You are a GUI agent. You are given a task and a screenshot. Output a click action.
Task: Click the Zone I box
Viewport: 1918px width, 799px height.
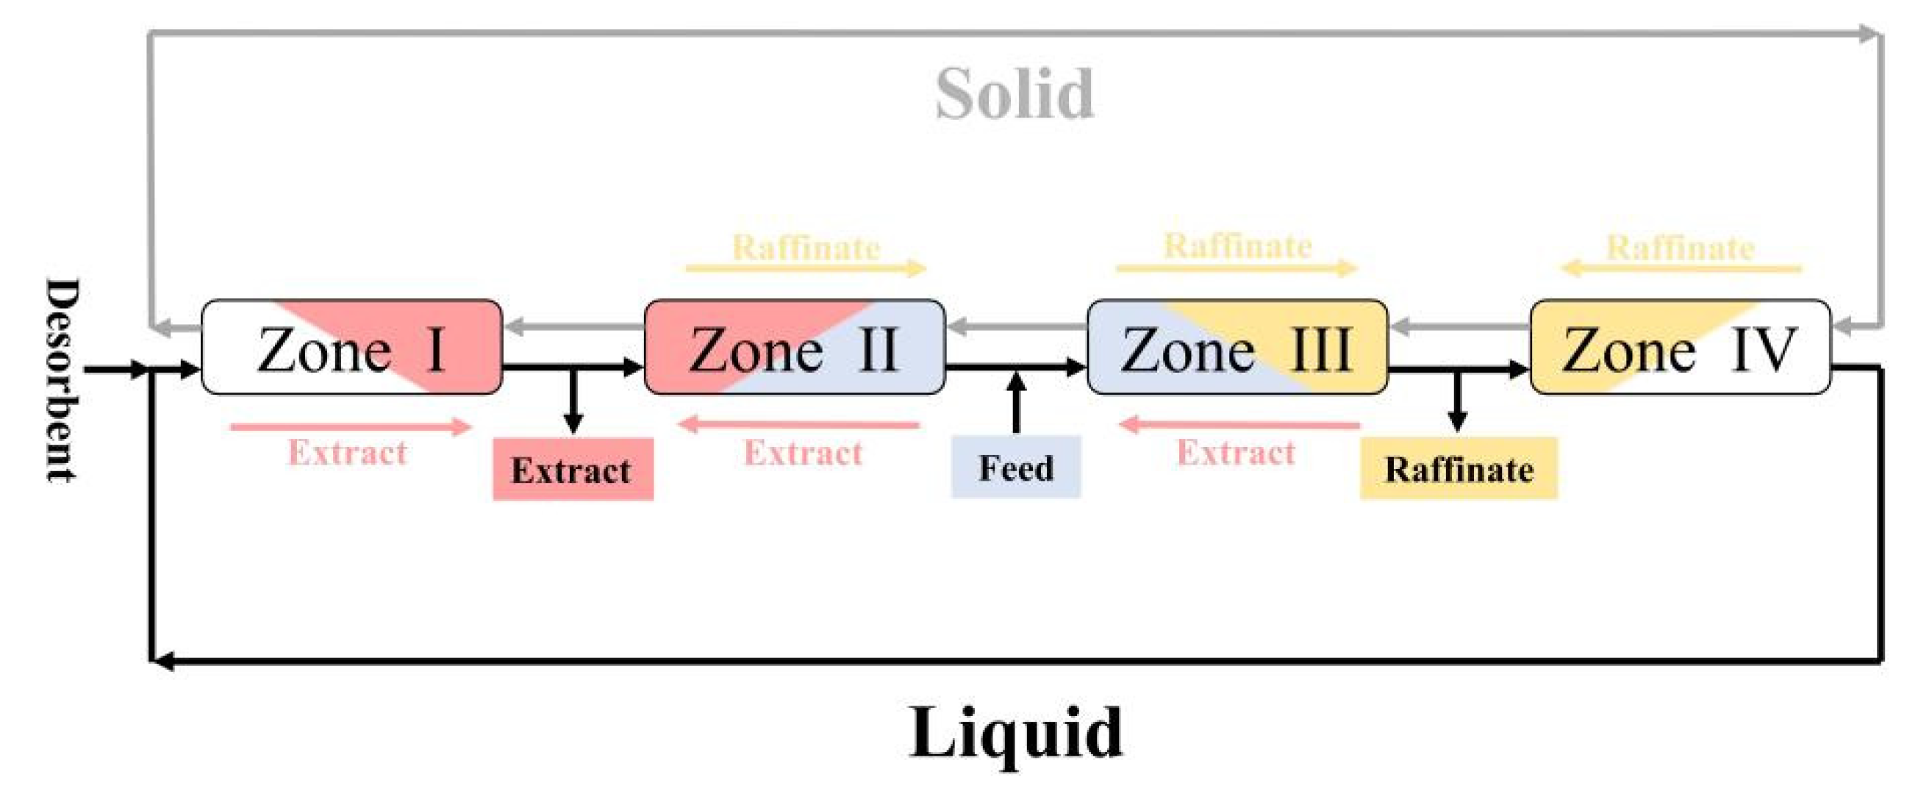click(351, 347)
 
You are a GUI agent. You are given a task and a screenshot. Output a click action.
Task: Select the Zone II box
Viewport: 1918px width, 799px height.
click(795, 347)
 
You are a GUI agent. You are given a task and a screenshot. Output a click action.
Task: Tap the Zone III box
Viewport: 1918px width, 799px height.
click(1237, 347)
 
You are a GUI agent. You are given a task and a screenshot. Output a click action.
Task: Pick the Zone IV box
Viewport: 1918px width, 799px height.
click(1680, 347)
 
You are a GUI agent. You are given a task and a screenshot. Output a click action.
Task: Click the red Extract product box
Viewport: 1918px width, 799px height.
click(573, 470)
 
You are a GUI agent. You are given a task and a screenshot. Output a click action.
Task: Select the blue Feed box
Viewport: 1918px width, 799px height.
click(1015, 467)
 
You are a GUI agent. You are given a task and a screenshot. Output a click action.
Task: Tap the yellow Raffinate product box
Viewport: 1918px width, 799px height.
click(1458, 469)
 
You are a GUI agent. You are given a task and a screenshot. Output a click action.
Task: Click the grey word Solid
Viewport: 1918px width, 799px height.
click(1014, 95)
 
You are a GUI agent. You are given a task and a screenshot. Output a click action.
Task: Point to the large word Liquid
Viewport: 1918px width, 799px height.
click(1015, 733)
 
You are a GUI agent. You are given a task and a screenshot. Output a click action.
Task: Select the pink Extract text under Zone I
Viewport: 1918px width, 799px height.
click(347, 452)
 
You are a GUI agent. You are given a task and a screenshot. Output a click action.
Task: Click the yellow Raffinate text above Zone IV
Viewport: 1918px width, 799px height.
click(1680, 247)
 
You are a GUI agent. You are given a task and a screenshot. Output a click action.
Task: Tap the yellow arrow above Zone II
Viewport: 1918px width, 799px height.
click(806, 268)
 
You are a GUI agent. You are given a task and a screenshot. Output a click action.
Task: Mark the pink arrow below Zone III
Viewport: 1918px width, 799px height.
click(1239, 425)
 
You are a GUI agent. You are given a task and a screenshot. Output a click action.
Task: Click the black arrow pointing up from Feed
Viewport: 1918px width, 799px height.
click(1016, 402)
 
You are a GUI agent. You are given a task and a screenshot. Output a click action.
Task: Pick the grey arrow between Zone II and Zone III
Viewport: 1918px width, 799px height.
click(1016, 326)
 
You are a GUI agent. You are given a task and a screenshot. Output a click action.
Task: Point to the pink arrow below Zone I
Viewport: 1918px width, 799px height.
click(351, 426)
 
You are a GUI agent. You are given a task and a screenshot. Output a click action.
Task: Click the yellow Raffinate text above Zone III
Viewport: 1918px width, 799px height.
click(1237, 246)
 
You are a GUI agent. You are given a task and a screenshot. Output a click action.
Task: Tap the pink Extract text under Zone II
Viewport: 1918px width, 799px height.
click(803, 452)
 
